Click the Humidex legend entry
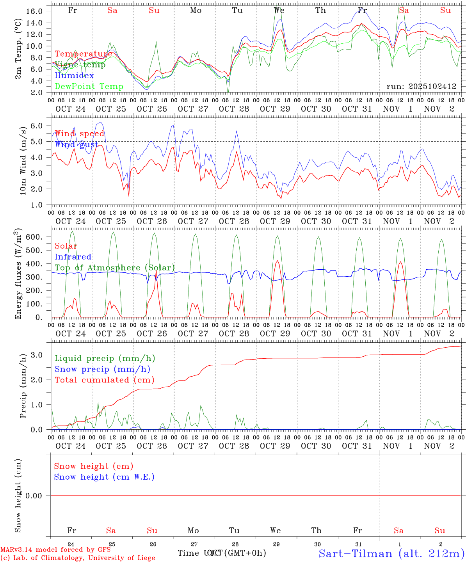(x=74, y=76)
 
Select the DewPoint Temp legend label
(x=89, y=87)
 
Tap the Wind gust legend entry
(x=76, y=145)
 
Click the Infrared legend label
(x=73, y=257)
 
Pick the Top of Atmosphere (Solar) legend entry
(x=114, y=268)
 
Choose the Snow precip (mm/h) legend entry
(x=102, y=369)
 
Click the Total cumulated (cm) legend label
(x=104, y=380)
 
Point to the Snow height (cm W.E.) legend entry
(x=104, y=477)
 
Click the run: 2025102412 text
(x=421, y=87)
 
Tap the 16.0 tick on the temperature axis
(x=34, y=11)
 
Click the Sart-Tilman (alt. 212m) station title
(x=391, y=553)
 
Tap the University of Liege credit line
(x=78, y=558)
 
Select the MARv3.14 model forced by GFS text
(x=55, y=550)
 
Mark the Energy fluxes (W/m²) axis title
(x=18, y=274)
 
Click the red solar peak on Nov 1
(x=400, y=262)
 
